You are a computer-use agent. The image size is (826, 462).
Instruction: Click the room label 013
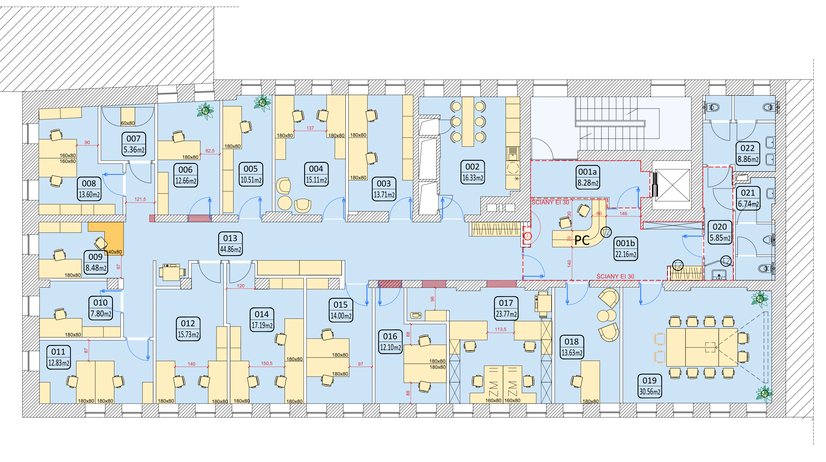click(230, 238)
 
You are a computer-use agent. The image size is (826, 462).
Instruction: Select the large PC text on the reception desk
click(582, 240)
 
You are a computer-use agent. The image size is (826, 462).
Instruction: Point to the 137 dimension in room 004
click(310, 128)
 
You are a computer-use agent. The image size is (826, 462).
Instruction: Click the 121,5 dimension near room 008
click(140, 199)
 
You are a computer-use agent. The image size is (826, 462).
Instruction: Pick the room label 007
click(133, 139)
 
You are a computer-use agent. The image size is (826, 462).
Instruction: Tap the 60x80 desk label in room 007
click(128, 123)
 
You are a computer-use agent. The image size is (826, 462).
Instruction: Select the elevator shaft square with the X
click(672, 185)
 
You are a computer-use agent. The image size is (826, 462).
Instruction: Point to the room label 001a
click(587, 172)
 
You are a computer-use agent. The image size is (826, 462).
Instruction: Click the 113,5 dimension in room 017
click(500, 329)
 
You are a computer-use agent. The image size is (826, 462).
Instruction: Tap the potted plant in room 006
click(205, 111)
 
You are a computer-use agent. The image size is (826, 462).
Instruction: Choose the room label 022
click(747, 148)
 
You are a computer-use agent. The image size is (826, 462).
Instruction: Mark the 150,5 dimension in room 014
click(266, 363)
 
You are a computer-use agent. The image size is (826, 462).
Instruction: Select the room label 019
click(649, 381)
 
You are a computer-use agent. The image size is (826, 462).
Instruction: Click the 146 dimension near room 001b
click(623, 213)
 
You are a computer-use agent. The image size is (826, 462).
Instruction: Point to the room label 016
click(390, 336)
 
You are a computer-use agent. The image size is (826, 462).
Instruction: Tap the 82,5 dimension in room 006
click(210, 151)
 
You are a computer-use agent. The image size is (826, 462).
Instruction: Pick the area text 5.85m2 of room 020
click(720, 238)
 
